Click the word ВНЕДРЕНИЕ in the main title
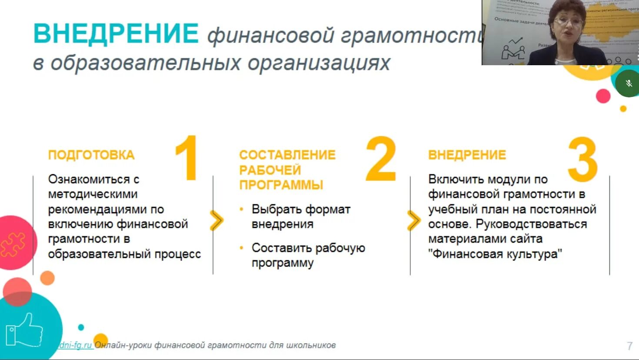(x=116, y=33)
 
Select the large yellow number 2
(x=381, y=159)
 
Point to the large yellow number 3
(x=582, y=160)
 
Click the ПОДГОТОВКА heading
(x=91, y=155)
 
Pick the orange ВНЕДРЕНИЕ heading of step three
(x=467, y=155)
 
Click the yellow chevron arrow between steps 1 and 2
(x=216, y=220)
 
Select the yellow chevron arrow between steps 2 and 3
(x=414, y=220)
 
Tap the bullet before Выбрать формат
(x=242, y=209)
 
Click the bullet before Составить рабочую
(x=242, y=248)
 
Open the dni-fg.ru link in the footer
(x=75, y=345)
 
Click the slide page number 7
(x=629, y=346)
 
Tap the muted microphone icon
(x=629, y=83)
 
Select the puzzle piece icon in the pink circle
(x=13, y=244)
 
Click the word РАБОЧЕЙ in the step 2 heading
(x=270, y=170)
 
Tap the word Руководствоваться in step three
(x=531, y=224)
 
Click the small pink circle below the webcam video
(x=603, y=96)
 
